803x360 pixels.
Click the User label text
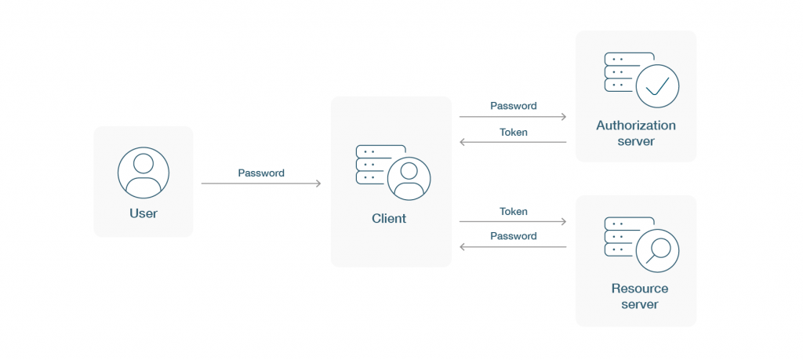tap(144, 213)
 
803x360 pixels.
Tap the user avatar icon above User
tap(144, 173)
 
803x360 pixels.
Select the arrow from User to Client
tap(261, 184)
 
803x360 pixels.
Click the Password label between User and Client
tap(261, 173)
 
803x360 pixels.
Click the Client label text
tap(389, 219)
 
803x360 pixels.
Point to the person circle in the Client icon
tap(409, 179)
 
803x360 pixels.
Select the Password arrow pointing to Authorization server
tap(513, 117)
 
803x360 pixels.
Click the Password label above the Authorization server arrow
tap(514, 106)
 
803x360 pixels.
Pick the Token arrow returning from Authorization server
tap(513, 142)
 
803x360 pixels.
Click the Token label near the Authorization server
tap(514, 132)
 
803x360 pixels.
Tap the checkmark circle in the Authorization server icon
tap(658, 86)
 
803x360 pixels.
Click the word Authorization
tap(636, 125)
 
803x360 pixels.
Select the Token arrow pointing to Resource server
tap(513, 222)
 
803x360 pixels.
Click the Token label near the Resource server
tap(514, 212)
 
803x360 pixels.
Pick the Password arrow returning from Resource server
tap(513, 247)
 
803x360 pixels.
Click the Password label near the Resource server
tap(514, 236)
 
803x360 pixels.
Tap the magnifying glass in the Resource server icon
tap(658, 251)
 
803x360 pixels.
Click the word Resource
tap(640, 289)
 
